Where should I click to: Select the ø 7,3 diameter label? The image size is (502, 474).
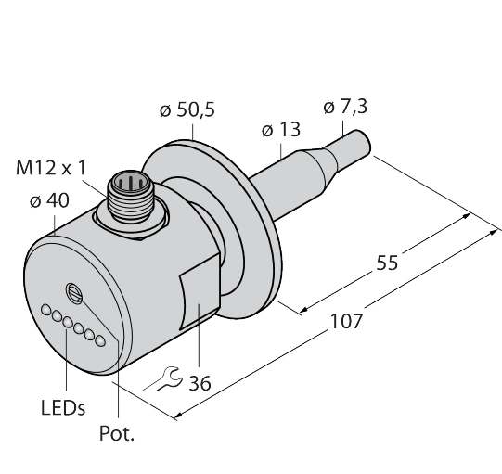click(x=344, y=107)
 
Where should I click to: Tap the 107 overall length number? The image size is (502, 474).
click(x=345, y=321)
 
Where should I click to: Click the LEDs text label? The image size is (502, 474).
click(x=63, y=408)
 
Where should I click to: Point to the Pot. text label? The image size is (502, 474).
click(x=118, y=433)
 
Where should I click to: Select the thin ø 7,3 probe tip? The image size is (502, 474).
click(x=358, y=147)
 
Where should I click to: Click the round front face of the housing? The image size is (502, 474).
click(x=79, y=306)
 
